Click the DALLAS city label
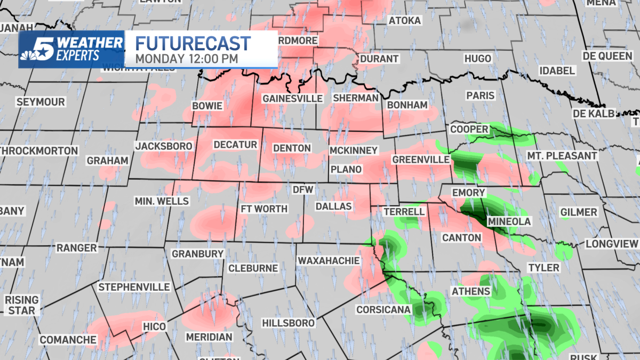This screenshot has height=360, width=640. click(334, 206)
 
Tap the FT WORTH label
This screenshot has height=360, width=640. click(265, 209)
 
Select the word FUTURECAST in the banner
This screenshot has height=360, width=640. click(193, 44)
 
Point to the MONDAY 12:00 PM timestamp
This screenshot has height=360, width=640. click(186, 58)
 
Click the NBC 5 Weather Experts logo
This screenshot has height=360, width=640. click(71, 49)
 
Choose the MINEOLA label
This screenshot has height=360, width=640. click(509, 221)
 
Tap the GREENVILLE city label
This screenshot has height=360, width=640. click(421, 159)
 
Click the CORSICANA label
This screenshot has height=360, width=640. click(383, 309)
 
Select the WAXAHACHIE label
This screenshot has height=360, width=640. click(328, 261)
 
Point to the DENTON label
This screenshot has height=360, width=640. click(292, 148)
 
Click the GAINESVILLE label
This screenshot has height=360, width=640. click(292, 99)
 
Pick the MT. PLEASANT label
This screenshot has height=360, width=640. click(562, 156)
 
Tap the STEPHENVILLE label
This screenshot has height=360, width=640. click(134, 287)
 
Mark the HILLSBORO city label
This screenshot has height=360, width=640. click(288, 323)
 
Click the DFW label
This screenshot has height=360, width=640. click(303, 189)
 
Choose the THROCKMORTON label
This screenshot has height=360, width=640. click(39, 151)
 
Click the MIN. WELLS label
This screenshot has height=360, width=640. click(162, 201)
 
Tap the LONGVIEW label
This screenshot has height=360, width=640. click(612, 244)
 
